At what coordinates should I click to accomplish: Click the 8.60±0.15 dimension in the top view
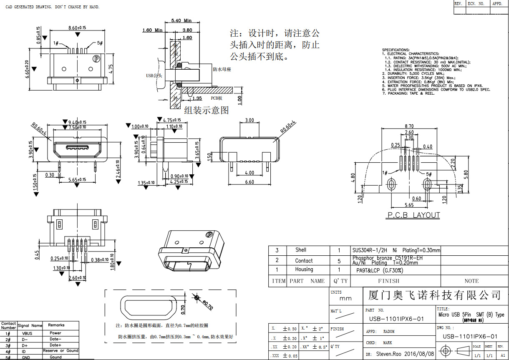77,28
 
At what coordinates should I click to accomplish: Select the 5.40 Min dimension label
181,20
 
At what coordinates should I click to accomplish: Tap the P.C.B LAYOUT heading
413,215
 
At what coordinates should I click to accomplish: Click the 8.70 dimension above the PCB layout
409,126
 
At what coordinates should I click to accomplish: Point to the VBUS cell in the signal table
27,333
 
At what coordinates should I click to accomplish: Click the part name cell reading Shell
301,250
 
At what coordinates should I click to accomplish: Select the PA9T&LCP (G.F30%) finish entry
379,270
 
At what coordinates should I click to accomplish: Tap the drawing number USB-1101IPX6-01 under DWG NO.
470,336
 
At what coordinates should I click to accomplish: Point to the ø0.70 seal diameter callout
207,305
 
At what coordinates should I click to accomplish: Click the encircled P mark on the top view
97,59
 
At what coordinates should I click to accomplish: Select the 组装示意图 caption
207,110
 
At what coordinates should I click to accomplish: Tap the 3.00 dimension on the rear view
249,120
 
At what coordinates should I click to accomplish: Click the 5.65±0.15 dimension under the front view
77,180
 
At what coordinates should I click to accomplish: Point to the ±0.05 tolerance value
290,355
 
